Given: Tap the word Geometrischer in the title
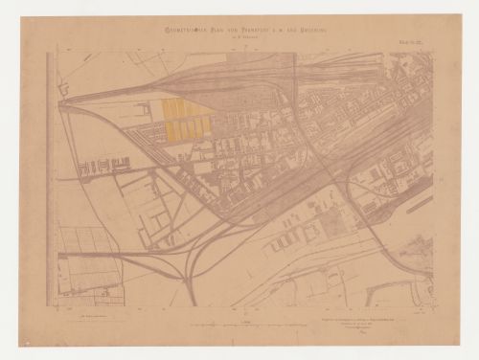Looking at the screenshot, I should point(182,32).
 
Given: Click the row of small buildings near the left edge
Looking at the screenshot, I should point(98,167).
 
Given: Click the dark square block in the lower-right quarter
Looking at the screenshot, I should point(331,227).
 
